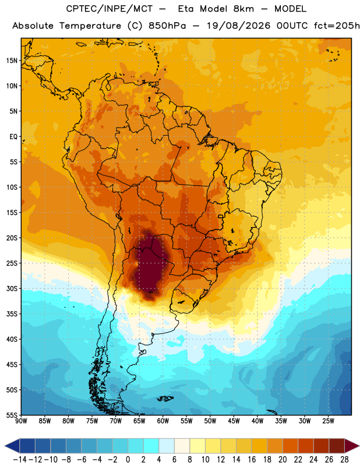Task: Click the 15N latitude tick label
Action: click(x=11, y=61)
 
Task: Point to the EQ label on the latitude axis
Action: click(x=13, y=137)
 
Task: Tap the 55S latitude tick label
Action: click(x=11, y=415)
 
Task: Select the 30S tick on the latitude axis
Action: click(x=11, y=288)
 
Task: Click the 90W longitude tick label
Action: click(x=21, y=421)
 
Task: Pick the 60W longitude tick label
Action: click(x=163, y=421)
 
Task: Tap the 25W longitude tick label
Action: click(x=328, y=421)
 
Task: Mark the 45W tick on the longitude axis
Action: click(x=234, y=421)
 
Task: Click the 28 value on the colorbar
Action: click(x=344, y=460)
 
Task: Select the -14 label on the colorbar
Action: click(x=20, y=460)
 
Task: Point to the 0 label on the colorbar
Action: click(x=128, y=460)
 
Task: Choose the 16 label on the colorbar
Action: click(x=252, y=460)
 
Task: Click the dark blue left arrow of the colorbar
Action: click(x=12, y=446)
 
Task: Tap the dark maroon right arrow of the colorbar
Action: click(x=352, y=446)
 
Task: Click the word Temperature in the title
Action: click(x=90, y=26)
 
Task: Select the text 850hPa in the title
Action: click(x=167, y=26)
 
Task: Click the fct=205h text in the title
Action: click(x=337, y=26)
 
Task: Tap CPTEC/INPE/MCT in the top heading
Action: click(x=109, y=9)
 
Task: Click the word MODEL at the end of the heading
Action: click(x=290, y=9)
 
